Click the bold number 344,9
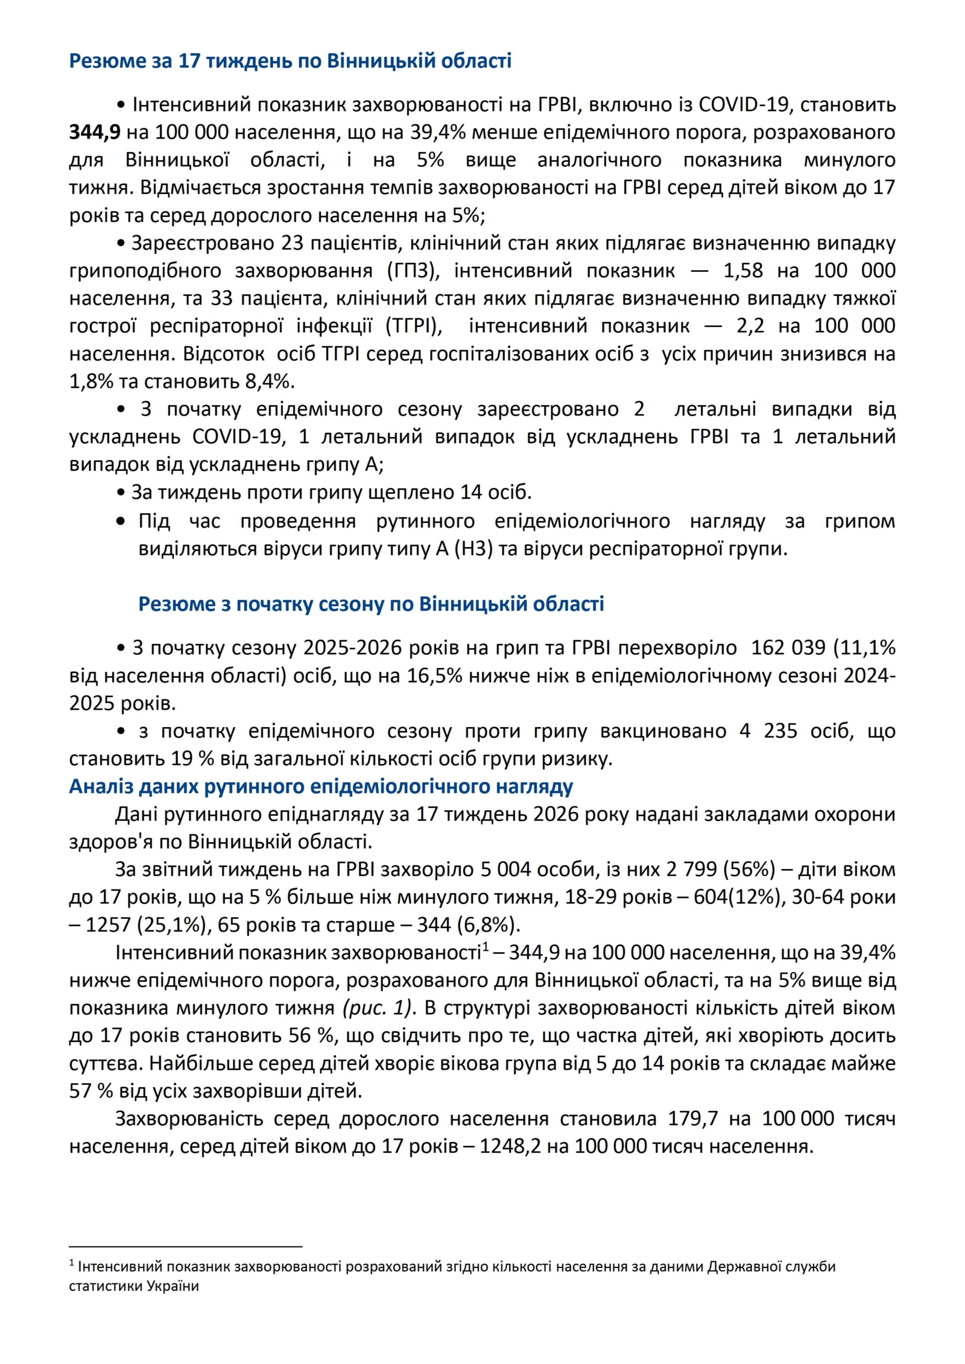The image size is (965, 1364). [x=95, y=132]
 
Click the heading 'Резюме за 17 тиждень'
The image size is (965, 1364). [x=290, y=61]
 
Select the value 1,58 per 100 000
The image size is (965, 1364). [x=743, y=271]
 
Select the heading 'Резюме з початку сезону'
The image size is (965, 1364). [x=371, y=604]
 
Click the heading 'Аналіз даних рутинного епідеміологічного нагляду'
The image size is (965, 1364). [x=321, y=787]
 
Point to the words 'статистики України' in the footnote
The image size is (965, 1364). [x=134, y=1286]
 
